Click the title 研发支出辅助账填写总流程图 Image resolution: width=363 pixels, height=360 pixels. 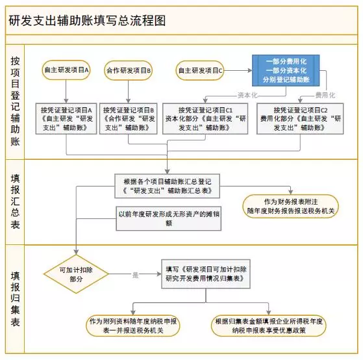coord(87,20)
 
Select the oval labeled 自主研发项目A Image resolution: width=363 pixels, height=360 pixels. coord(66,70)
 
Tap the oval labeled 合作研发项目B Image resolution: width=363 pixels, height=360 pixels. coord(129,70)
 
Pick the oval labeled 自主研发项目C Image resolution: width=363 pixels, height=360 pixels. coord(200,70)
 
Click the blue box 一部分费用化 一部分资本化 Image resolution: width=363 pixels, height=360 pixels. coord(286,70)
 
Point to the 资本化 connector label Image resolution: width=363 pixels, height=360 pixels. coord(247,95)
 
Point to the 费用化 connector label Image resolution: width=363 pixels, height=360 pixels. coord(325,95)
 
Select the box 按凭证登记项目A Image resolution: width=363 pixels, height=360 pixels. coord(66,119)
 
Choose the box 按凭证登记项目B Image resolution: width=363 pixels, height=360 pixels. coord(129,119)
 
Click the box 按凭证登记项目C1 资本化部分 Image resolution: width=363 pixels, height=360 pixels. coord(205,119)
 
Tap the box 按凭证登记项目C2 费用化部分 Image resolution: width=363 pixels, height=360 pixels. coord(300,119)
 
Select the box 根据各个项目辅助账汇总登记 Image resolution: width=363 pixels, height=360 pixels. coord(167,186)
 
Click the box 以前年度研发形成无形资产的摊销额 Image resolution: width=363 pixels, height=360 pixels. coord(169,218)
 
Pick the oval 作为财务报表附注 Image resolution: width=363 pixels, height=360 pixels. coord(290,206)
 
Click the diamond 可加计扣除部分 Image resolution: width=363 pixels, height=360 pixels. coord(76,274)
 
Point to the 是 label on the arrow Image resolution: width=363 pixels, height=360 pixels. coord(135,275)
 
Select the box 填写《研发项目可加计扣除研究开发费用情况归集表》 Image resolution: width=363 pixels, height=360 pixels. coord(206,274)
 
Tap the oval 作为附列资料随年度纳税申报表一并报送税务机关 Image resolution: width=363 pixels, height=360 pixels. coord(133,326)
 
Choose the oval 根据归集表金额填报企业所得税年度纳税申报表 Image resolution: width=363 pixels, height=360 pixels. coord(269,326)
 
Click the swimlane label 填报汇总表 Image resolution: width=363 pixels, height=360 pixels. coord(15,201)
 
